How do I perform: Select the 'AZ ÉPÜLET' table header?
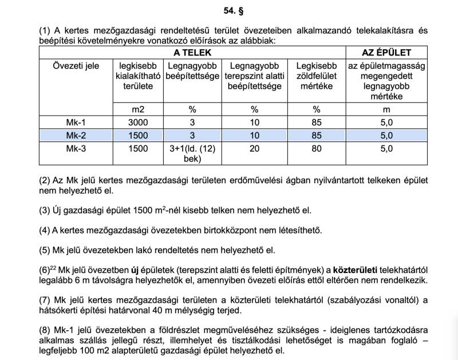(386, 52)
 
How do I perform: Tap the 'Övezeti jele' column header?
(76, 66)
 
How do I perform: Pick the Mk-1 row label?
(76, 122)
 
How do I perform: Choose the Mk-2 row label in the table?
(76, 136)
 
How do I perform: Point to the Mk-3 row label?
(76, 149)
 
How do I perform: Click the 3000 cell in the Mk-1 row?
(138, 122)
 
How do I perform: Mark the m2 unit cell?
(138, 108)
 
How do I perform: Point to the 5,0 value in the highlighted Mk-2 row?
(386, 136)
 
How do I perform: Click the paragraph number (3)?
(45, 210)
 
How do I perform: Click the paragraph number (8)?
(45, 329)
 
